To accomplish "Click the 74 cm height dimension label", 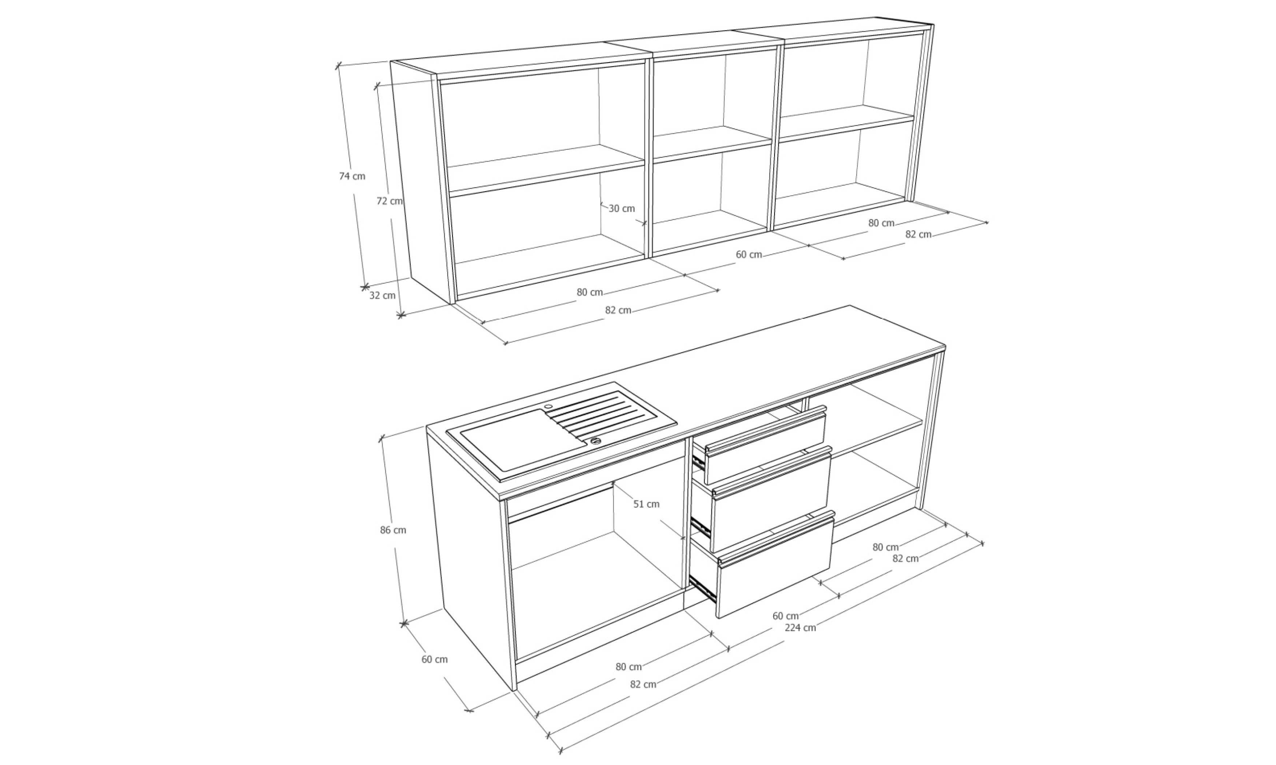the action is tap(352, 176).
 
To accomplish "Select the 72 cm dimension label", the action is tap(389, 201).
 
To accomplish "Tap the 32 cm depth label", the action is tap(383, 295).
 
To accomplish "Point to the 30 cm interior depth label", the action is tap(622, 209).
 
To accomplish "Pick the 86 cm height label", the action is tap(393, 530).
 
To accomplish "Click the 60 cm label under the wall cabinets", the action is tap(749, 255).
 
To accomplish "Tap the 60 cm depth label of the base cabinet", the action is tap(435, 659).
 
